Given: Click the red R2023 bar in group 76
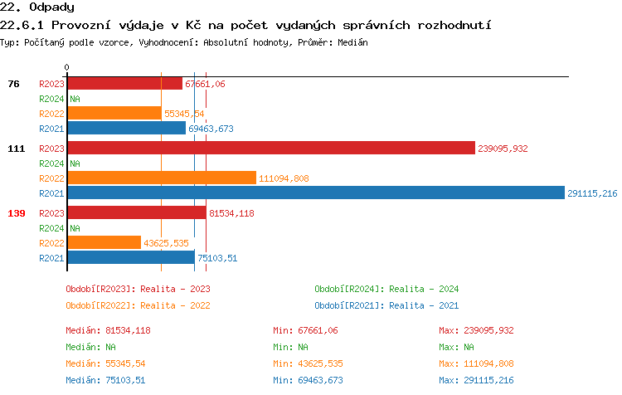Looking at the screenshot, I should click(124, 84).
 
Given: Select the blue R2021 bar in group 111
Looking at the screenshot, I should click(315, 193).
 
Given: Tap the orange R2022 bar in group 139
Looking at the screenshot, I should click(104, 242).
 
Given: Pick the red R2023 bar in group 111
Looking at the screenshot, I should click(271, 149).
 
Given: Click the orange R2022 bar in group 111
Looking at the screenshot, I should click(162, 178).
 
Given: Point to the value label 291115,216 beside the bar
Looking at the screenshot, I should click(592, 193).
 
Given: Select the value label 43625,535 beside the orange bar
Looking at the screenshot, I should click(166, 242).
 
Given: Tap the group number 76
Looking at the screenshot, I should click(14, 84).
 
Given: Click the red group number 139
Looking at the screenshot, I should click(17, 213).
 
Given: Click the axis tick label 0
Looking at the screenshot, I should click(67, 68).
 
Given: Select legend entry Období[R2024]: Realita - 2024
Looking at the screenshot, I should click(386, 289).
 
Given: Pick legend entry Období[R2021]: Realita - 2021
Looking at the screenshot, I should click(386, 305).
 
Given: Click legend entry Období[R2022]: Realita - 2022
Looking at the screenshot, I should click(138, 305).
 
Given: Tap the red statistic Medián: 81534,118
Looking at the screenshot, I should click(108, 330).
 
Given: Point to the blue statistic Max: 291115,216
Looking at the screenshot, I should click(477, 380).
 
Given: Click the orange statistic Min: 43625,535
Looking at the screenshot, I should click(308, 363).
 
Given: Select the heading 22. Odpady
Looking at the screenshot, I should click(37, 7).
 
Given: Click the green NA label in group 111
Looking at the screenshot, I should click(75, 163).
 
